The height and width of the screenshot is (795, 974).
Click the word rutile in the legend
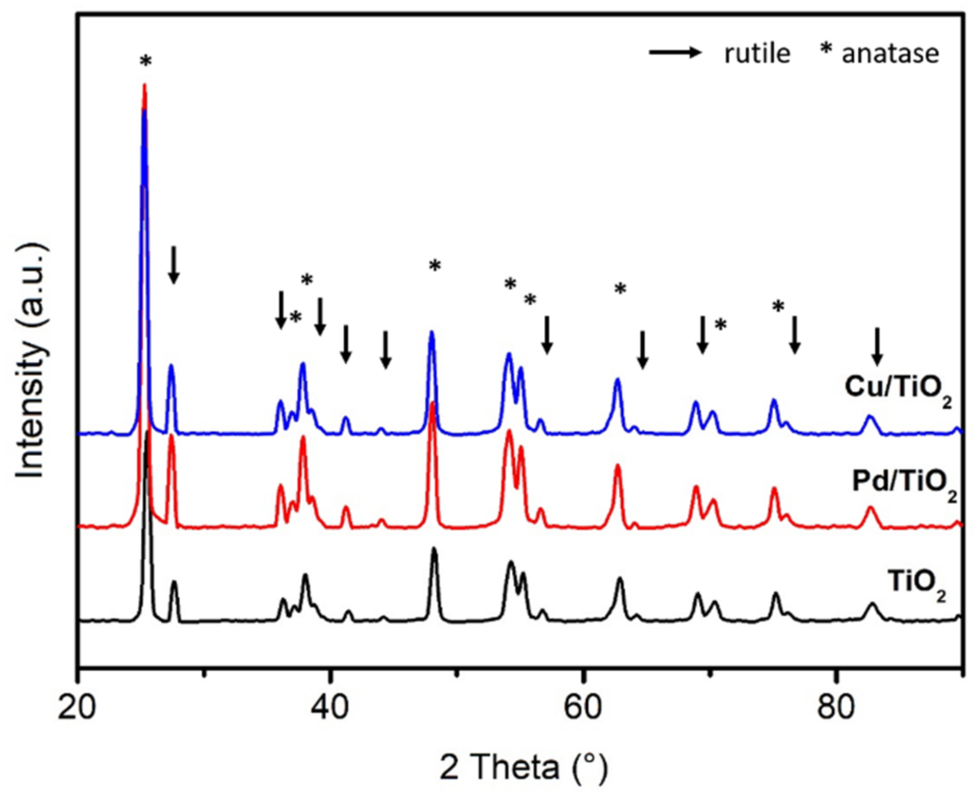(757, 54)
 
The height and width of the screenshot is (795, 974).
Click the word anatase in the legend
(890, 54)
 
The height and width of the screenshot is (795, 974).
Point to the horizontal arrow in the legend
(675, 52)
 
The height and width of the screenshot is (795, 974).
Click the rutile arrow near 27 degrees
(174, 265)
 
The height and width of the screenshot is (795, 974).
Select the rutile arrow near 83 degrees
(877, 347)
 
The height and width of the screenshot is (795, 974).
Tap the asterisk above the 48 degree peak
(435, 267)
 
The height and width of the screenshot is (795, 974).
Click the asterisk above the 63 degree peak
(620, 289)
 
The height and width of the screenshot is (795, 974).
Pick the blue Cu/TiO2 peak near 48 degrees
(431, 334)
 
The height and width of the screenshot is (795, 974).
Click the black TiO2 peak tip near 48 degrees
(434, 550)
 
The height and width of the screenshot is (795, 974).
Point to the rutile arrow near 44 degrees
(385, 350)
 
